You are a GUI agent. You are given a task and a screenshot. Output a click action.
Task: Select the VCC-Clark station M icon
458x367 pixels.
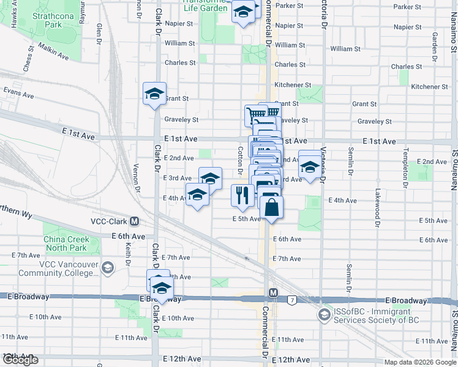[134, 221]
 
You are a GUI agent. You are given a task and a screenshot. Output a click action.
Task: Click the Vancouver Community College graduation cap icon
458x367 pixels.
[108, 267]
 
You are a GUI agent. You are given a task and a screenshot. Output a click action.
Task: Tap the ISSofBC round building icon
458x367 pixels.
[323, 315]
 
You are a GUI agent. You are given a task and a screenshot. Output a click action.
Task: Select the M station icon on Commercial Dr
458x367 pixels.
[273, 294]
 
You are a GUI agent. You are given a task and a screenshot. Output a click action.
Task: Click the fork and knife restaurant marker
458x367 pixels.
[242, 195]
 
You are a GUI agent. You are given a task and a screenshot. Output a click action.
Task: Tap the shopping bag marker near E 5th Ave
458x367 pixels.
[271, 207]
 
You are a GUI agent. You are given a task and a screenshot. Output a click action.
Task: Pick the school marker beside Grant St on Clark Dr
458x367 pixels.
[154, 93]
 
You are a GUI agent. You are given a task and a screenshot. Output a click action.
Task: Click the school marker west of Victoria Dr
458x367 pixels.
[310, 165]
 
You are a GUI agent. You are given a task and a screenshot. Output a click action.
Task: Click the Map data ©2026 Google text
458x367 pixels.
[419, 362]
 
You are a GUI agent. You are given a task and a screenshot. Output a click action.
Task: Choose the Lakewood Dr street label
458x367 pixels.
[378, 204]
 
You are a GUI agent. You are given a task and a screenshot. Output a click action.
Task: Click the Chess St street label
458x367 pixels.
[27, 62]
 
